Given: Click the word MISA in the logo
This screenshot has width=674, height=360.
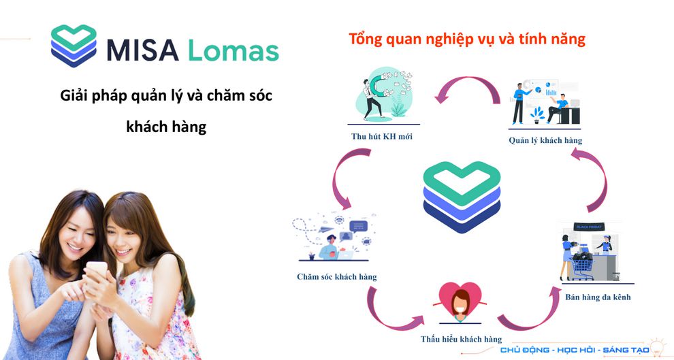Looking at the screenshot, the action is [x=142, y=50].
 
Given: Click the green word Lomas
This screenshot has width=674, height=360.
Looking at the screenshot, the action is [x=234, y=50].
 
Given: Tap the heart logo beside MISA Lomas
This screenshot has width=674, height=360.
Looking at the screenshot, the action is [x=74, y=46].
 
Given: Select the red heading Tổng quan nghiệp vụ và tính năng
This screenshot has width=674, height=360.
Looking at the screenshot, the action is [x=467, y=39].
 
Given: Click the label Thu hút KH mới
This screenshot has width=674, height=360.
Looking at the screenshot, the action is [x=382, y=137].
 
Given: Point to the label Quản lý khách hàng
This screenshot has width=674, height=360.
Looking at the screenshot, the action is [x=545, y=140].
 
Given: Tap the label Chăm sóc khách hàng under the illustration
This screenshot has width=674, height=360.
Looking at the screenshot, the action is [x=336, y=277].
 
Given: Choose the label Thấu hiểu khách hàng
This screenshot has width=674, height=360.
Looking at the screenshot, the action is [x=461, y=340].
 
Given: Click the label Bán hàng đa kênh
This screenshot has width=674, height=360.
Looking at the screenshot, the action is [x=598, y=297].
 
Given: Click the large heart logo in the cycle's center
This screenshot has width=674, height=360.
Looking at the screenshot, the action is [x=462, y=197].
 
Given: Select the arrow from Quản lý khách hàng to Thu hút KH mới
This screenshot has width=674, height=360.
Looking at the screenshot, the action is [x=468, y=80].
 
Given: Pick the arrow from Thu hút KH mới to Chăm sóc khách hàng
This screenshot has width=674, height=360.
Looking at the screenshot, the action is [x=336, y=176].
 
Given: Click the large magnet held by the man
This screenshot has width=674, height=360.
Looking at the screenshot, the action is [x=376, y=86].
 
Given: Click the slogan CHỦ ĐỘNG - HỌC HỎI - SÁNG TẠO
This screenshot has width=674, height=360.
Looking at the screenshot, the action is [x=575, y=350].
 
